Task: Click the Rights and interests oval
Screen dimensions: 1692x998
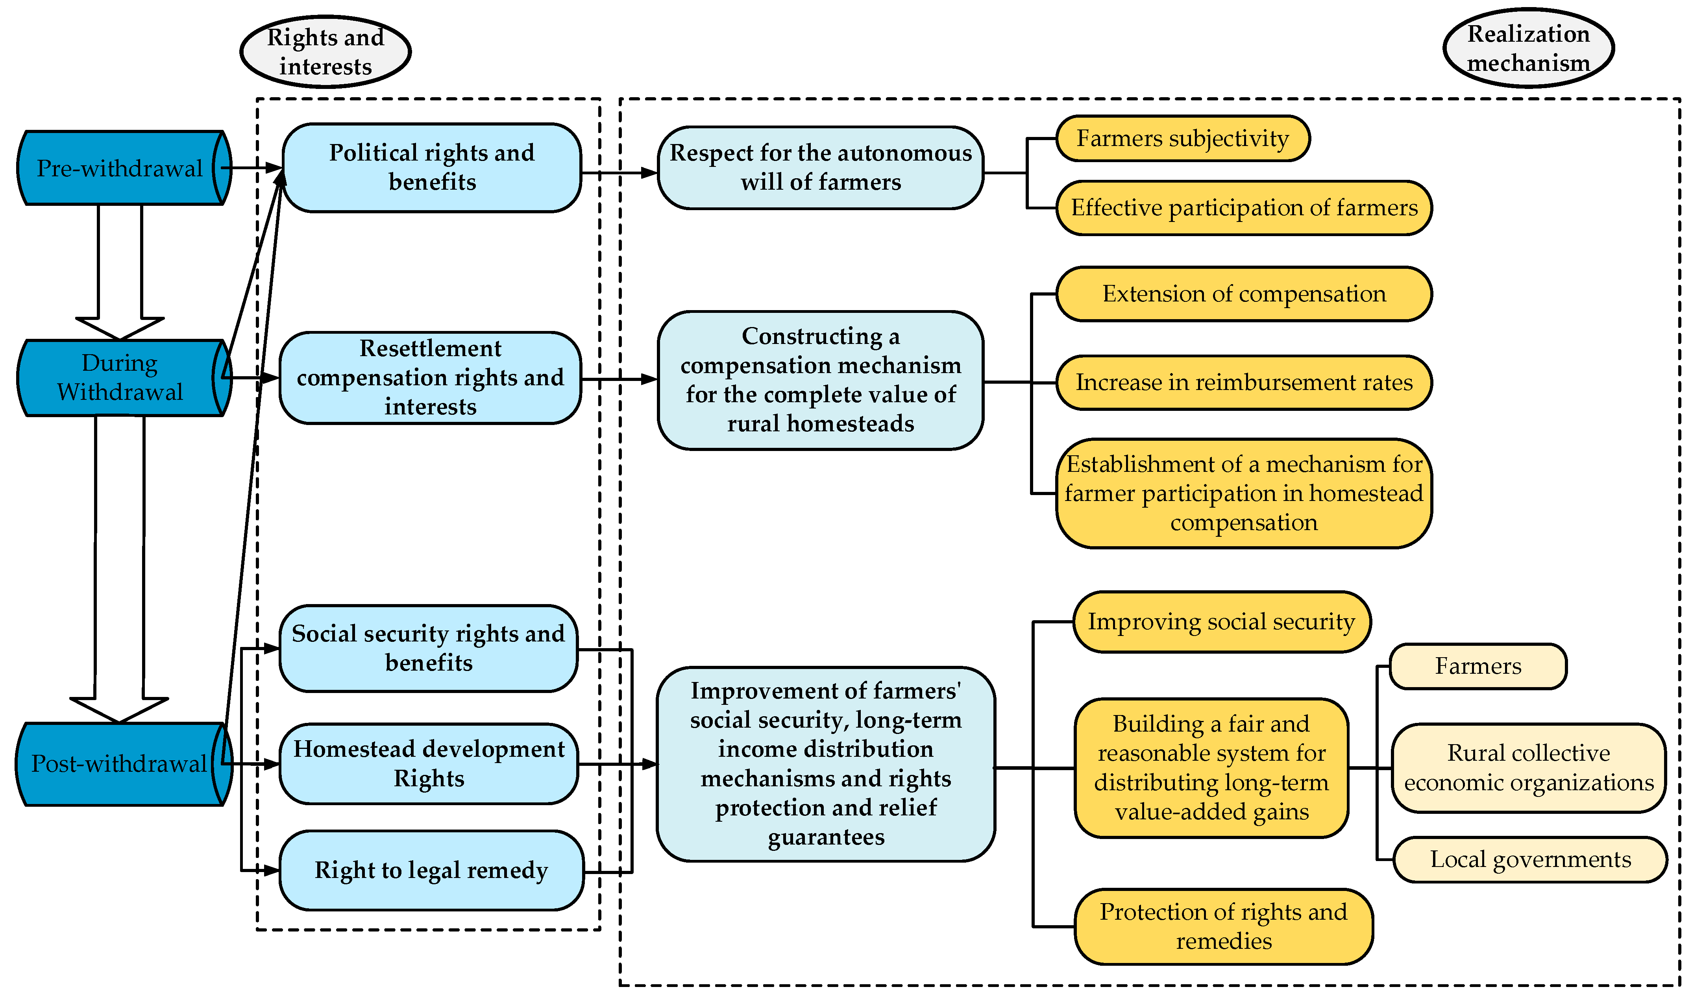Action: point(325,52)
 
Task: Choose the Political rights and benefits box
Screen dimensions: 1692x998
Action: point(432,168)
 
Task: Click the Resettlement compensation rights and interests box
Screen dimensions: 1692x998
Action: point(431,378)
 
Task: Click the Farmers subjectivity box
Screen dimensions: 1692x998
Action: point(1183,139)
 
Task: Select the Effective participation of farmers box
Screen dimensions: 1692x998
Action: point(1244,208)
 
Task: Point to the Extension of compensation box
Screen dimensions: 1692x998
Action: point(1244,294)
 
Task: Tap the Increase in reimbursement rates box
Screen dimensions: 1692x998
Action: point(1244,383)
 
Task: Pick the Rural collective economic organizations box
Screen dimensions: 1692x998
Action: point(1529,768)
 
